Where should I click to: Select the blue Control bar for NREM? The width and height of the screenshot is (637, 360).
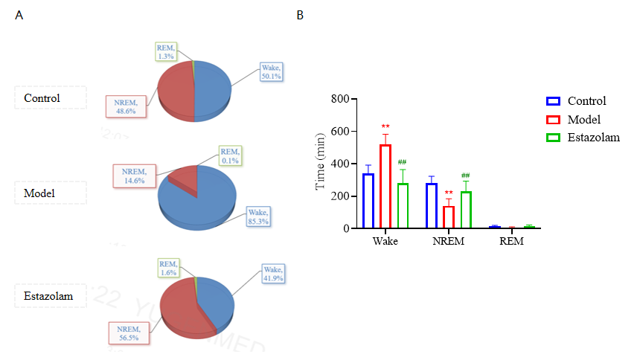[x=431, y=205]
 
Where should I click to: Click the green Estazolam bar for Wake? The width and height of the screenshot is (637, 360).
[x=403, y=205]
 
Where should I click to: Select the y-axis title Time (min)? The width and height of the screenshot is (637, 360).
[x=321, y=164]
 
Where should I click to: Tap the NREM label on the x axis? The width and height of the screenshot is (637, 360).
[x=448, y=242]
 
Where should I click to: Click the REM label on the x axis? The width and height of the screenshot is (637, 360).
[x=511, y=242]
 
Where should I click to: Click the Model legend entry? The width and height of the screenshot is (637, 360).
[x=583, y=120]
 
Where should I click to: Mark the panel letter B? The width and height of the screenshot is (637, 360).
[x=300, y=15]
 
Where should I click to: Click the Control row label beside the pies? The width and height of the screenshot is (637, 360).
[x=42, y=98]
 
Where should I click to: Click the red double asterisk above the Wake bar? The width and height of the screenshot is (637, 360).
[x=385, y=126]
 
